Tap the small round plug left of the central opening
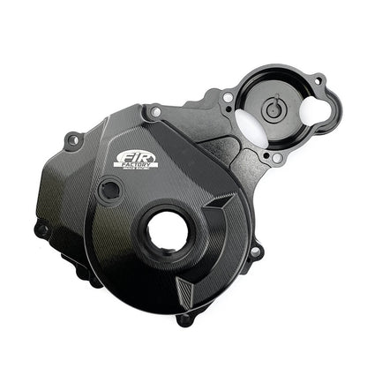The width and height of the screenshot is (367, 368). tap(110, 188)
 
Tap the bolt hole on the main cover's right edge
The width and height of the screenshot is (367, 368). tap(255, 253)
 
